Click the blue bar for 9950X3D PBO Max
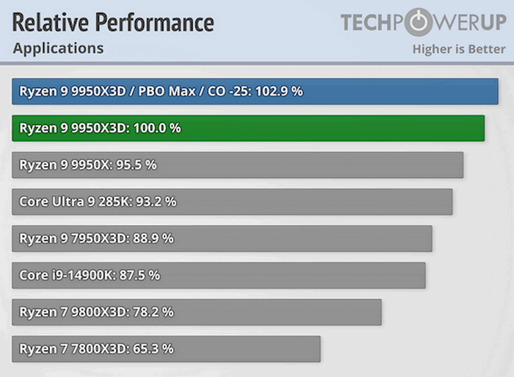point(255,91)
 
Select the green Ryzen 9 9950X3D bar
point(248,128)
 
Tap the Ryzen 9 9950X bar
point(237,165)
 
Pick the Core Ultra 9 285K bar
point(232,201)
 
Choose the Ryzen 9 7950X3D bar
point(222,238)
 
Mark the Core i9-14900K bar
point(219,275)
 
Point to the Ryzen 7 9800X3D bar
point(197,312)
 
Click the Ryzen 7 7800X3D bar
point(166,348)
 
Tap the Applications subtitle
point(58,49)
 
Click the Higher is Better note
point(458,49)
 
